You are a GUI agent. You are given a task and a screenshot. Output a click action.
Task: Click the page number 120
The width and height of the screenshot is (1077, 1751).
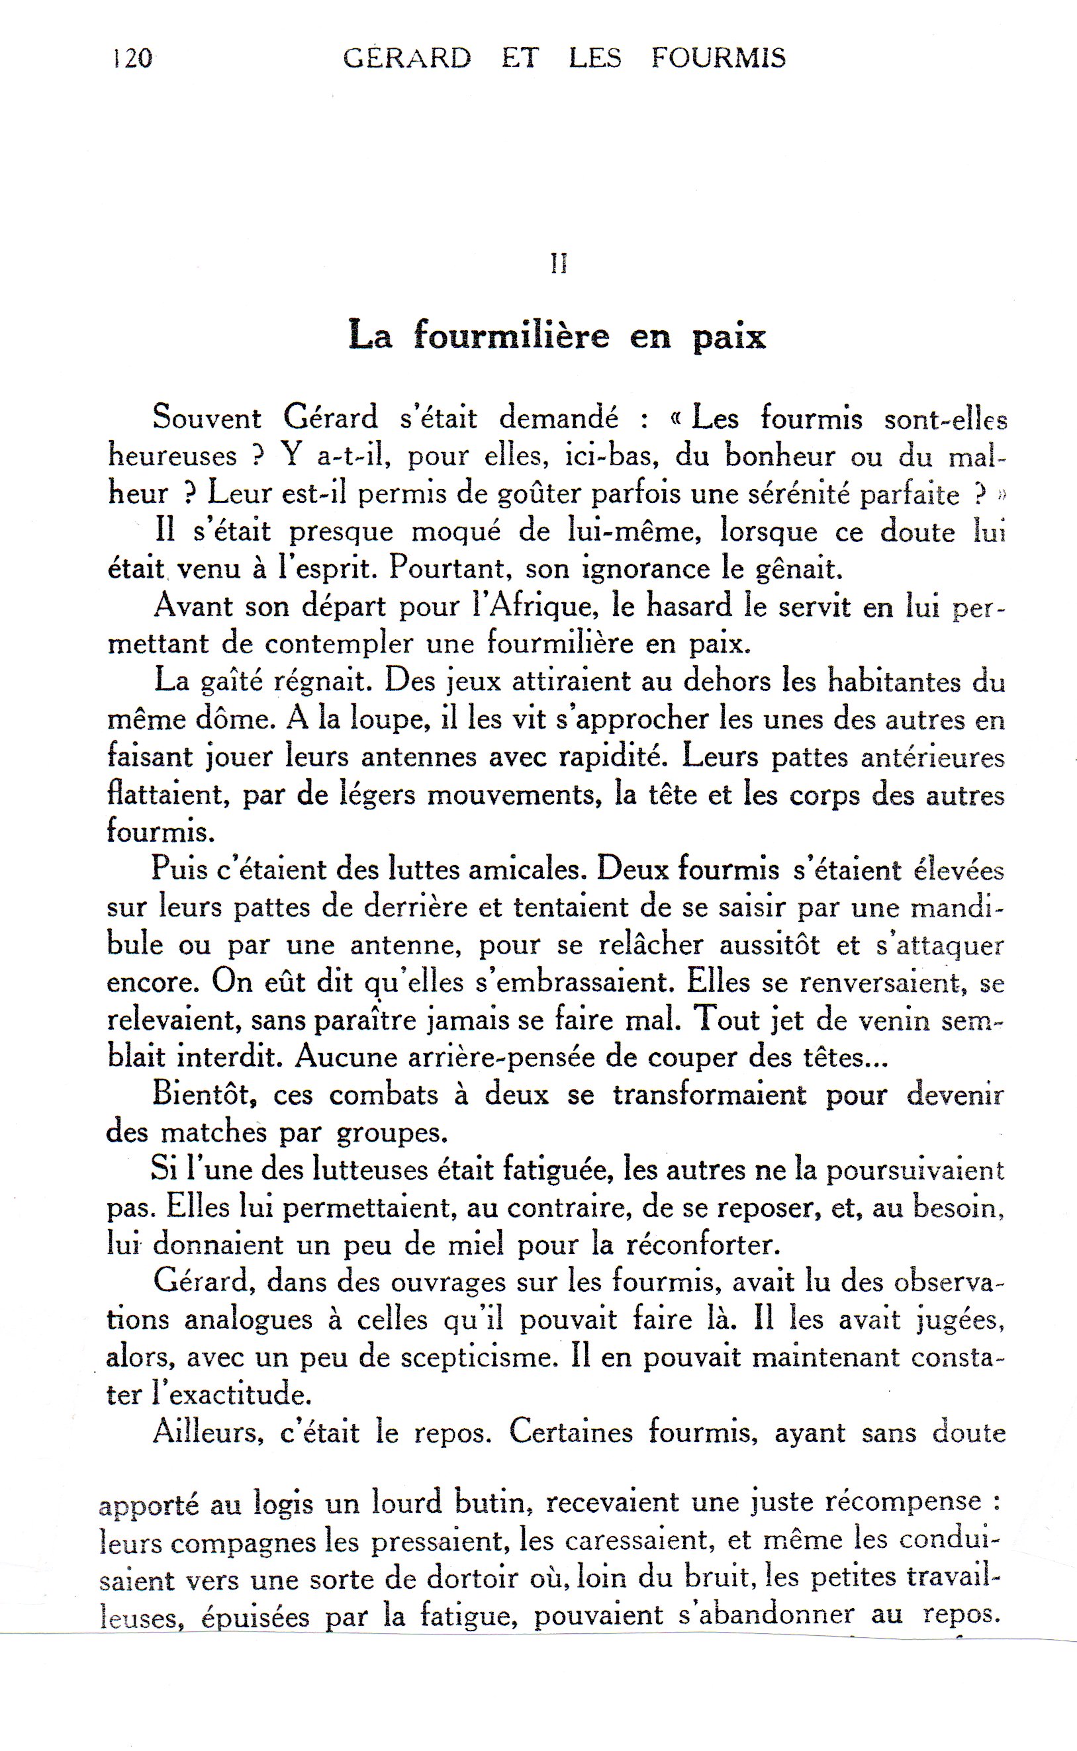(x=133, y=58)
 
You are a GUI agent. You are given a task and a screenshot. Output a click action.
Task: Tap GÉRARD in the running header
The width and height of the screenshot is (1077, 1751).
(x=406, y=58)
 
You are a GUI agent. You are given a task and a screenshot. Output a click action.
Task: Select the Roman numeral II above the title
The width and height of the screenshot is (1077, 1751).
(x=559, y=264)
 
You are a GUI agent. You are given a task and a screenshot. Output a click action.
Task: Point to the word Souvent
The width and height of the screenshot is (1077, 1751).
(x=207, y=418)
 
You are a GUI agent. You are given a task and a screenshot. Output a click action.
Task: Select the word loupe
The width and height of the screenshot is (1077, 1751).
(x=389, y=720)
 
